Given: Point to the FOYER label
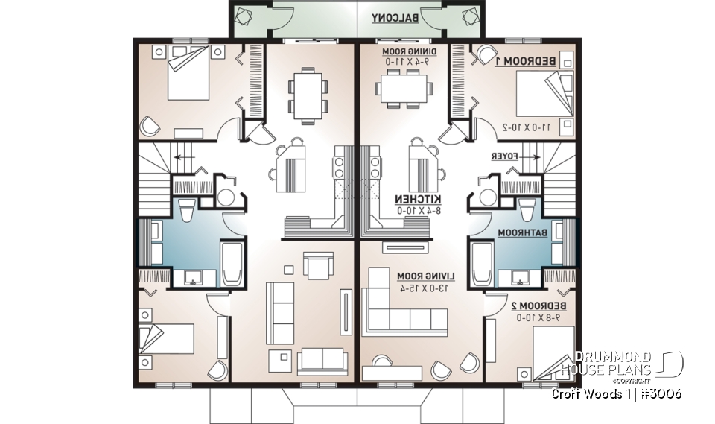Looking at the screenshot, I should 506,156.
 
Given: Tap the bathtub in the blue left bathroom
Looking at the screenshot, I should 232,262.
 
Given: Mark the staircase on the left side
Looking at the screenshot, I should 155,180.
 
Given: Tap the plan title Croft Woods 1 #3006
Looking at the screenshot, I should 617,393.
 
